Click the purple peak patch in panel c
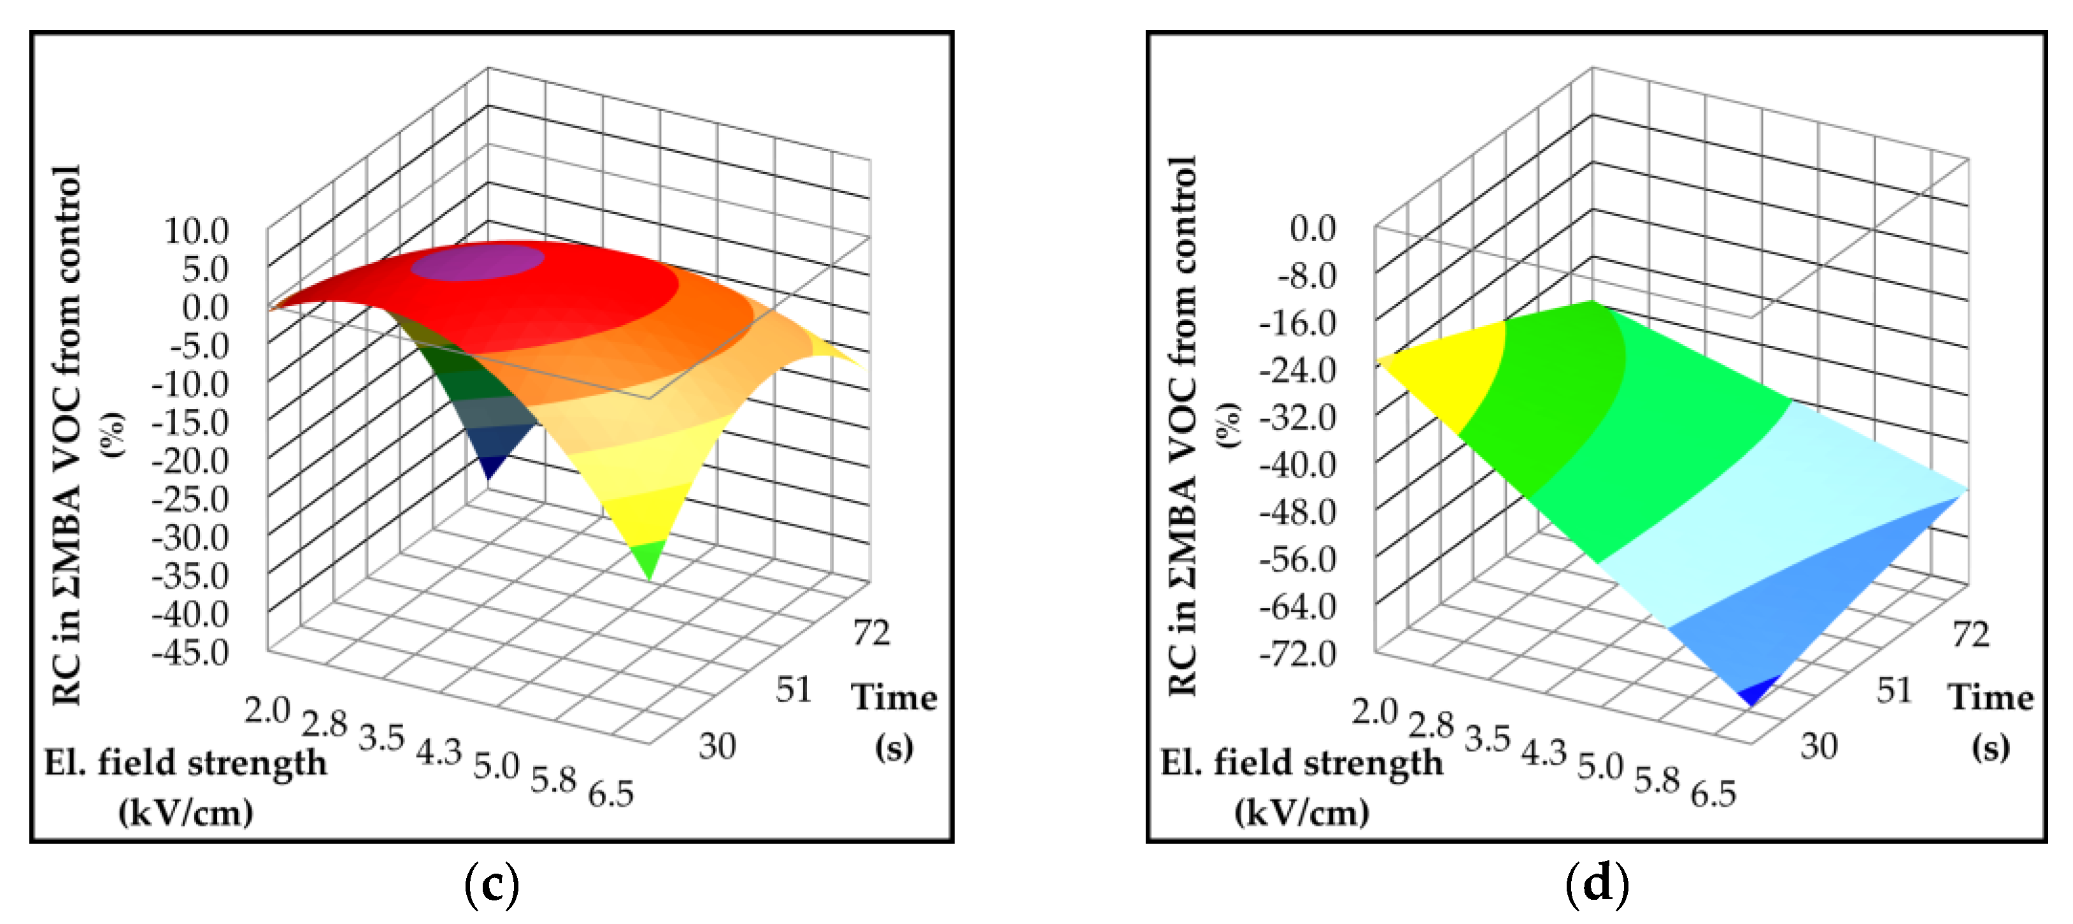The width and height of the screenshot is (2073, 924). (x=478, y=263)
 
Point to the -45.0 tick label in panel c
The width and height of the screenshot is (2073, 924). (x=190, y=652)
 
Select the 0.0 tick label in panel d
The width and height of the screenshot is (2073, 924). (x=1313, y=229)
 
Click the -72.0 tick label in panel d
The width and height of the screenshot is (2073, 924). (x=1298, y=654)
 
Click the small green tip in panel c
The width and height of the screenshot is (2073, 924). (x=648, y=558)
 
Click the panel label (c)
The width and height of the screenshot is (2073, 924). (x=492, y=883)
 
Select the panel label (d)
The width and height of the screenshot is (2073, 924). (x=1597, y=883)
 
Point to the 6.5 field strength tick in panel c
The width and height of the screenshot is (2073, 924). (x=611, y=795)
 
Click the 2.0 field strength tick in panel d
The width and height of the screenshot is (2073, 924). (x=1374, y=712)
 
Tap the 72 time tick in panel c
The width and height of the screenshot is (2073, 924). (x=871, y=633)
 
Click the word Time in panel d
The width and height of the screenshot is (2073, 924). (x=1990, y=697)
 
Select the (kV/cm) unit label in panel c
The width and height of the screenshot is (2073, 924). (x=186, y=813)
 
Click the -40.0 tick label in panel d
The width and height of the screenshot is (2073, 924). (x=1298, y=465)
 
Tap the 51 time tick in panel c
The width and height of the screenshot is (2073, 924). (x=794, y=689)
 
